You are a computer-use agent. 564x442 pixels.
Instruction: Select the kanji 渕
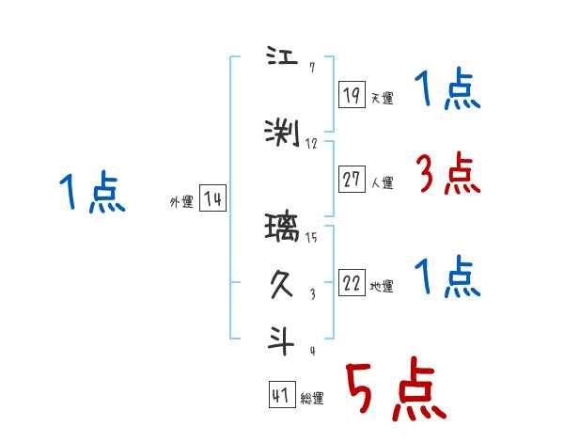[x=283, y=134]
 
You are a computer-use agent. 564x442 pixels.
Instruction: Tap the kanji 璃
[x=283, y=228]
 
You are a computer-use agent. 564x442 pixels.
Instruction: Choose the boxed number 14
[x=212, y=198]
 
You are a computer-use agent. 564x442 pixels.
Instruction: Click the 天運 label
[x=382, y=97]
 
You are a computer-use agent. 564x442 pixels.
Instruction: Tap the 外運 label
[x=180, y=201]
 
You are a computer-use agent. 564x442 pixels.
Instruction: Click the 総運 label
[x=312, y=399]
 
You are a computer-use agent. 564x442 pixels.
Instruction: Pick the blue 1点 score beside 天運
[x=447, y=91]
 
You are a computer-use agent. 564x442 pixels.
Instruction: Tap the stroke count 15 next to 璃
[x=311, y=237]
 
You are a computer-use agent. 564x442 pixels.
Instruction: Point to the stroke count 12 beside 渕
[x=311, y=144]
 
